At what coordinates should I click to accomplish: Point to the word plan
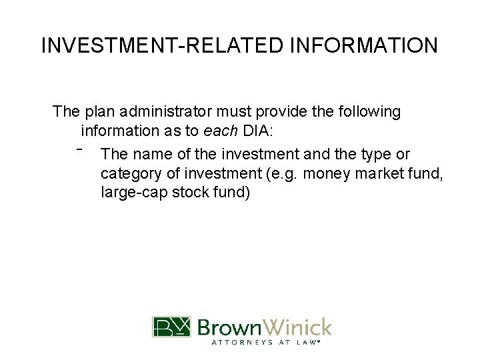97,112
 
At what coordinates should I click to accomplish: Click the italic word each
223,130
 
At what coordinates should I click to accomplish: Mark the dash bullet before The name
79,149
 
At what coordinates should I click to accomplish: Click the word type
375,154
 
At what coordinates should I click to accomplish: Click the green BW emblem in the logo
171,327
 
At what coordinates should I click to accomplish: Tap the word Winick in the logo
297,327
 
